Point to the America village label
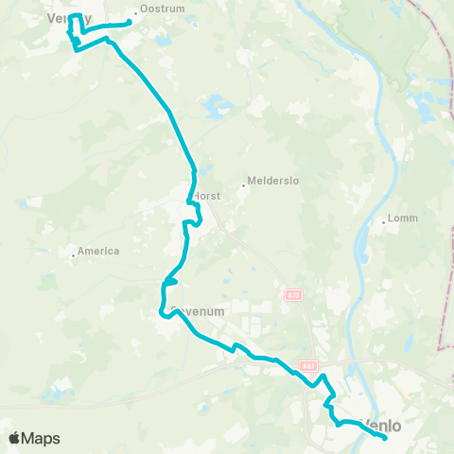click(100, 251)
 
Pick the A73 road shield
click(292, 296)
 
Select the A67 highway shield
click(307, 365)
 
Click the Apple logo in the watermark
click(15, 439)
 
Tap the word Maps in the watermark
click(43, 439)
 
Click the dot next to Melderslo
click(243, 185)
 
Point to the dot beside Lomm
click(383, 223)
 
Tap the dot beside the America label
click(74, 253)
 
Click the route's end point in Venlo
click(386, 437)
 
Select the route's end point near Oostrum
click(130, 23)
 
